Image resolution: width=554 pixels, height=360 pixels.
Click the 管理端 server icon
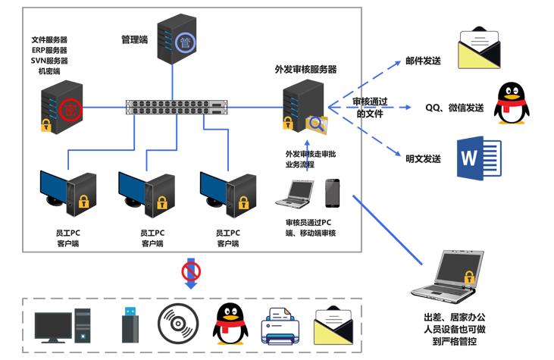click(x=179, y=38)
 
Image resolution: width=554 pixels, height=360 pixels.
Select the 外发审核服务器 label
click(x=305, y=69)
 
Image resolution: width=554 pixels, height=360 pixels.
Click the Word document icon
click(x=477, y=158)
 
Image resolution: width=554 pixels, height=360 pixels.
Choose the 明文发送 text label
click(x=423, y=158)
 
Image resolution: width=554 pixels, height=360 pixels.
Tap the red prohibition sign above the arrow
click(x=190, y=271)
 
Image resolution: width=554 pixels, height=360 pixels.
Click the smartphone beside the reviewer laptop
click(x=333, y=193)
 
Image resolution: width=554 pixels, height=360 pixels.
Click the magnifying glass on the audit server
click(x=316, y=124)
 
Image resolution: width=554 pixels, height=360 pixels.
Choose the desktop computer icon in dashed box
click(x=65, y=324)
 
